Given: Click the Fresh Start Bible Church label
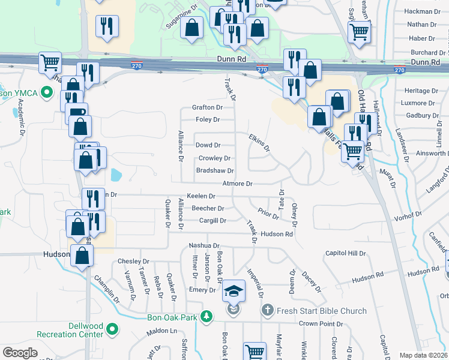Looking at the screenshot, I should [x=322, y=311].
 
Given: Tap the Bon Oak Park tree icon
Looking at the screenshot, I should [x=206, y=316].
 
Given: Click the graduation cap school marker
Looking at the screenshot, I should [x=234, y=292].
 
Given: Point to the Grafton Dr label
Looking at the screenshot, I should [x=208, y=107].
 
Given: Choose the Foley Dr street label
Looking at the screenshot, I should [x=208, y=119].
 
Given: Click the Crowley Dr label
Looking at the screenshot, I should [x=215, y=158].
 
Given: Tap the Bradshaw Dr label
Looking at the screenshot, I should [x=215, y=171].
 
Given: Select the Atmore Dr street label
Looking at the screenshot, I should [x=238, y=184].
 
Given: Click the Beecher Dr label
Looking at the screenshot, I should [x=208, y=209].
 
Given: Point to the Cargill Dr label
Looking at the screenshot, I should [x=213, y=221].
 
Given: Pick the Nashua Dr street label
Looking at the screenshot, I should [x=205, y=246].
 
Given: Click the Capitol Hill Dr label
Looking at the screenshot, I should [x=345, y=253].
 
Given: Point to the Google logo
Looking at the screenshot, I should [x=20, y=353].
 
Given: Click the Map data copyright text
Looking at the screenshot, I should [x=423, y=355].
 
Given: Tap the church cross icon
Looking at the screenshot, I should [x=268, y=311].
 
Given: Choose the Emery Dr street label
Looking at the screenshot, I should [x=202, y=290].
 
